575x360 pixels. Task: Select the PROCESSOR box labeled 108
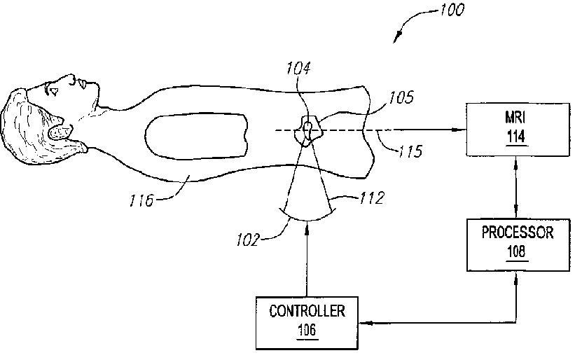pyautogui.click(x=515, y=244)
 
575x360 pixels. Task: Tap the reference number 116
pyautogui.click(x=143, y=201)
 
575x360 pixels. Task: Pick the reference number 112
pyautogui.click(x=370, y=198)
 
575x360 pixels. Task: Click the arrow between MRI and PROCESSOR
pyautogui.click(x=515, y=187)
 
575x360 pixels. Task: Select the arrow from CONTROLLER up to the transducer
pyautogui.click(x=306, y=259)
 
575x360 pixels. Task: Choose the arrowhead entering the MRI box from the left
pyautogui.click(x=461, y=130)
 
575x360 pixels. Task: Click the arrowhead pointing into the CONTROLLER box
pyautogui.click(x=363, y=324)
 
